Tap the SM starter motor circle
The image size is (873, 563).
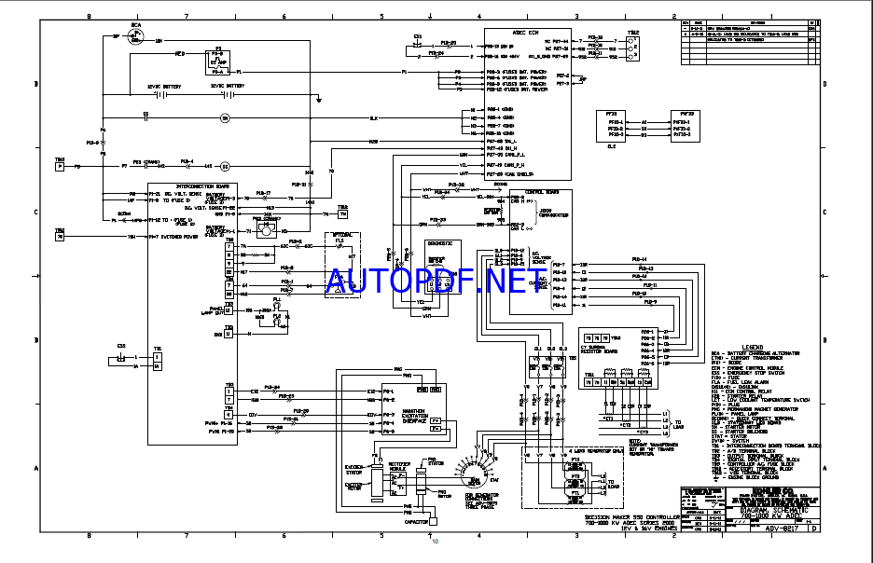pyautogui.click(x=224, y=118)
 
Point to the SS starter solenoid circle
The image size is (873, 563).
pyautogui.click(x=224, y=167)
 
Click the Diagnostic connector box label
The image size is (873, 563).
pyautogui.click(x=441, y=242)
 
